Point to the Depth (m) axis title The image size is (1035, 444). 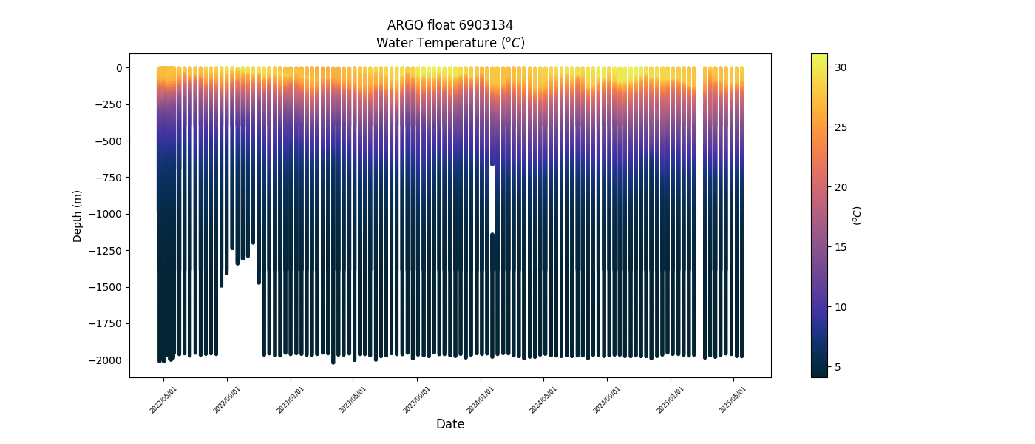(78, 215)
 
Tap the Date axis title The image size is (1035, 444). (450, 424)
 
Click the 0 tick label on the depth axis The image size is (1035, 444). (118, 68)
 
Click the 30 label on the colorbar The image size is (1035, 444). (841, 67)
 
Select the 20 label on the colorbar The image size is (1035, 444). (841, 187)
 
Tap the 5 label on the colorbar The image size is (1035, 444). (838, 367)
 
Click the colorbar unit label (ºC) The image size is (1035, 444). (858, 215)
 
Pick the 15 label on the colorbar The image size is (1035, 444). (841, 247)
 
